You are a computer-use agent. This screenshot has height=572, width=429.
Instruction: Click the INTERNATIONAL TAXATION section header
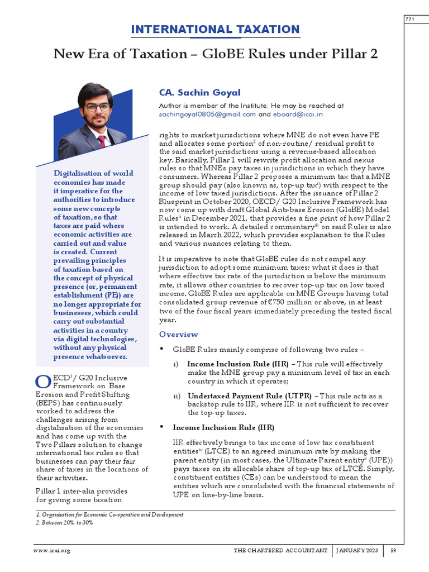[x=215, y=30]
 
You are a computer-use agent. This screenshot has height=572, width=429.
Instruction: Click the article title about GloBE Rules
[x=215, y=54]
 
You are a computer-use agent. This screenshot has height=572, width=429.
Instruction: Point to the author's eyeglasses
[x=97, y=107]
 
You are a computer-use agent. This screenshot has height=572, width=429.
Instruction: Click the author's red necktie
[x=101, y=142]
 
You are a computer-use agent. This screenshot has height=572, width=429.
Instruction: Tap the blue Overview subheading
[x=178, y=334]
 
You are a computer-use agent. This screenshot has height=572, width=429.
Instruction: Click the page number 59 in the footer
[x=393, y=551]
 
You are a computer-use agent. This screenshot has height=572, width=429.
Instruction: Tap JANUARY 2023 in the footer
[x=357, y=551]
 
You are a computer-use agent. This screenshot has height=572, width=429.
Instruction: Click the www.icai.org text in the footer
[x=52, y=551]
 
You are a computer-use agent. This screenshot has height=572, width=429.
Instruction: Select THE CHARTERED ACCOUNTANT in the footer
[x=280, y=551]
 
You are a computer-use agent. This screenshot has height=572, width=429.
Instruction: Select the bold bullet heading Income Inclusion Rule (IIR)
[x=223, y=427]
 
